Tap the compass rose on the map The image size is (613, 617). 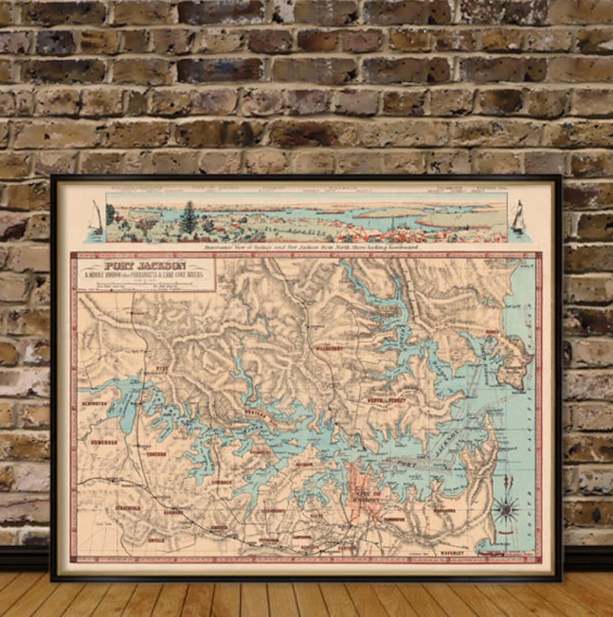(x=505, y=508)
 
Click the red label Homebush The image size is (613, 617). (x=104, y=441)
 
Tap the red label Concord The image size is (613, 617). (x=156, y=454)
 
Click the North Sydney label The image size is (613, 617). (x=387, y=400)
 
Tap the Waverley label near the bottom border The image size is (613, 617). (x=452, y=552)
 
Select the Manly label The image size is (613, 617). (x=492, y=331)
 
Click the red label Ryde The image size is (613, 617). (x=162, y=368)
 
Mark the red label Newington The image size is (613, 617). (x=95, y=403)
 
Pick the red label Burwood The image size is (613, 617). (x=173, y=512)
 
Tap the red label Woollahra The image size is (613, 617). (x=444, y=510)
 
